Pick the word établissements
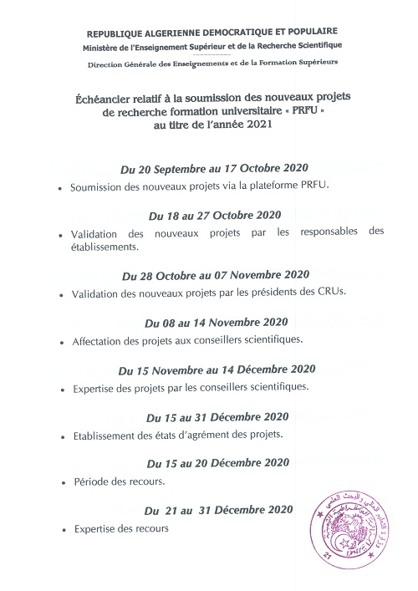(104, 247)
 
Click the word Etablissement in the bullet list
(108, 434)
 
